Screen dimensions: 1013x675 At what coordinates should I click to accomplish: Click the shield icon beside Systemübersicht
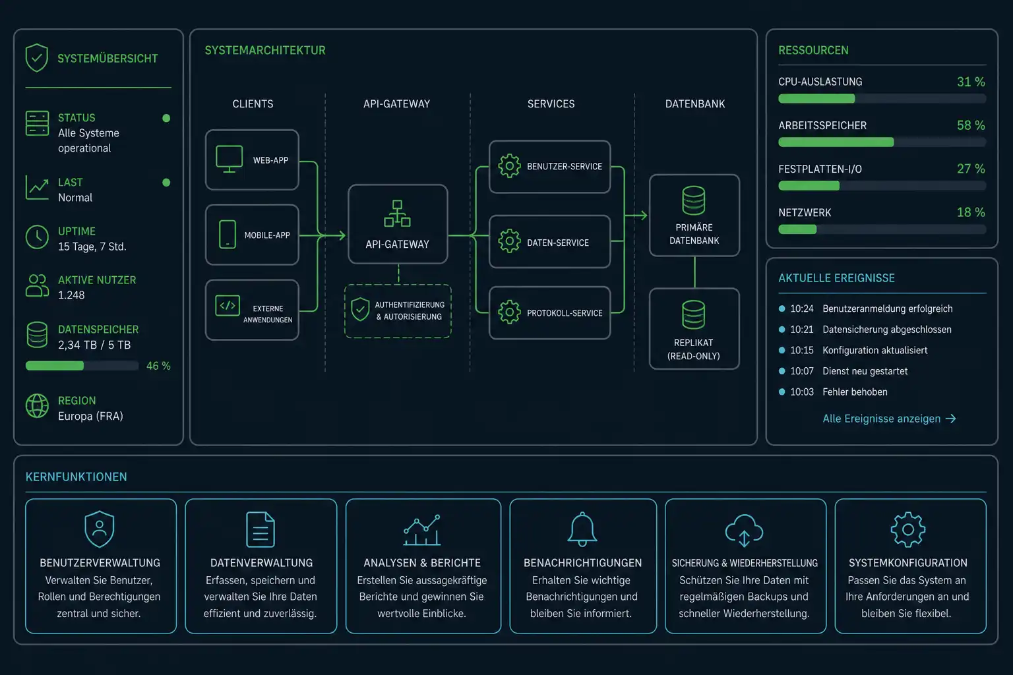37,58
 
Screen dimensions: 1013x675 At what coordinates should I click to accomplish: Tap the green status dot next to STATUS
166,118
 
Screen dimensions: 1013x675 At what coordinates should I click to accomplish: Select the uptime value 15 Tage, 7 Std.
92,247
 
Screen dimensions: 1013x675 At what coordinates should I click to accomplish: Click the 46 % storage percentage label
158,366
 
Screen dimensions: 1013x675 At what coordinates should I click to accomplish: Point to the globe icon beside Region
37,405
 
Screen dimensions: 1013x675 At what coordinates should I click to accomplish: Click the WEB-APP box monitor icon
230,159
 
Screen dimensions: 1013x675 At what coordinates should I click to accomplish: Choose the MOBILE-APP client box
253,235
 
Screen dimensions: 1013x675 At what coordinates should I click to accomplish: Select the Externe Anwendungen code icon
228,306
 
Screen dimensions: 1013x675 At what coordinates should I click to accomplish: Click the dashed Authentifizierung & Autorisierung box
398,311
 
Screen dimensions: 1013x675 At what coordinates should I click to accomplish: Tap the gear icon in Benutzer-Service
510,166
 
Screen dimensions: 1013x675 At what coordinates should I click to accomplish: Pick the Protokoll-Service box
550,313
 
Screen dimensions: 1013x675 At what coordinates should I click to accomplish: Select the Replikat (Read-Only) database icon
694,314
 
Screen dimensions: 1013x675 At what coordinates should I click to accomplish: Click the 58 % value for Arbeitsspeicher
971,125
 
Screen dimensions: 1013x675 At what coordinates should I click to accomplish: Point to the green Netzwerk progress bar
797,229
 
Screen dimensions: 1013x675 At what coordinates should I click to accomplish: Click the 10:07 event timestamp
802,371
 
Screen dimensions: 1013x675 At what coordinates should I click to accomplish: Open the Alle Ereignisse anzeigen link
889,419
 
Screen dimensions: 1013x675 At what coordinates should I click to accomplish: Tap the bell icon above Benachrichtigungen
582,529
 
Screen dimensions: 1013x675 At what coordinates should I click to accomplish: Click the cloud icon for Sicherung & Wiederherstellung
745,530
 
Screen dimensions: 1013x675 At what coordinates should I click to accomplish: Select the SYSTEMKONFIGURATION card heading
908,563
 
